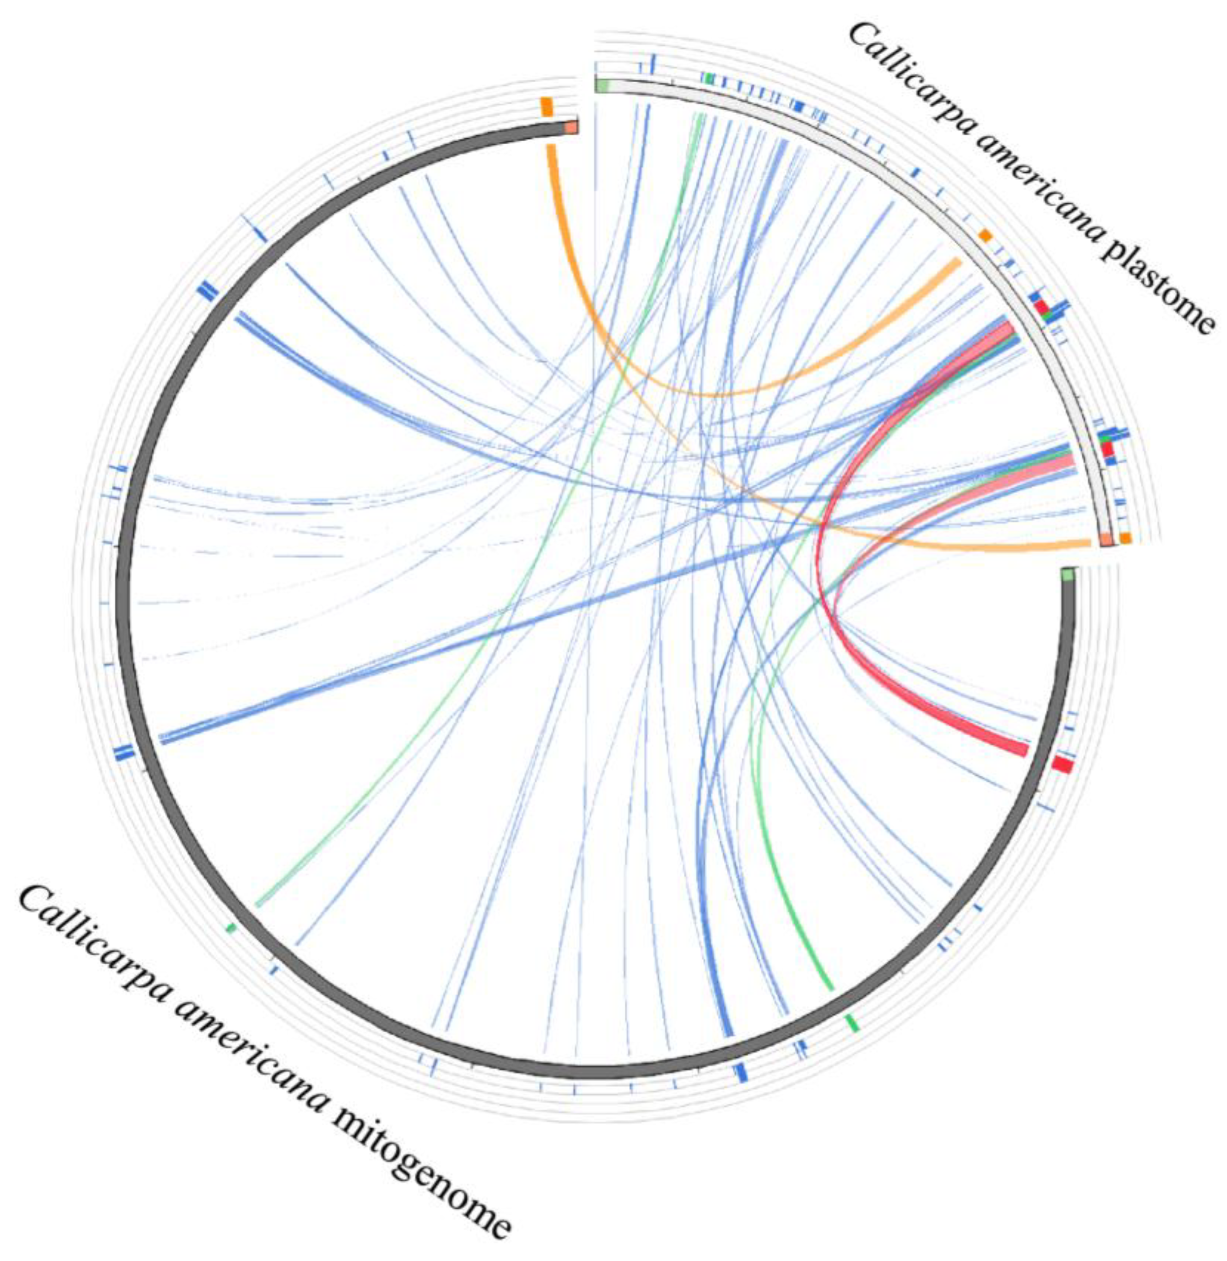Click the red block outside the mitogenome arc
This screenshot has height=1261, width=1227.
click(x=1062, y=765)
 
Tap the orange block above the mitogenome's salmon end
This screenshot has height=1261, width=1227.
click(x=547, y=107)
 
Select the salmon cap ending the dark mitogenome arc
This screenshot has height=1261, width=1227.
click(x=571, y=128)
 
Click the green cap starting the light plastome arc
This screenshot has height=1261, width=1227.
click(x=603, y=85)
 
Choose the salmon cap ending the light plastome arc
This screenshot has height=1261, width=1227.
click(x=1106, y=540)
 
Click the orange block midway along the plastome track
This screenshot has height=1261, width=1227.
click(x=984, y=236)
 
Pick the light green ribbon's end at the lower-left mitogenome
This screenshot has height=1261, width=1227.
click(x=259, y=903)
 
